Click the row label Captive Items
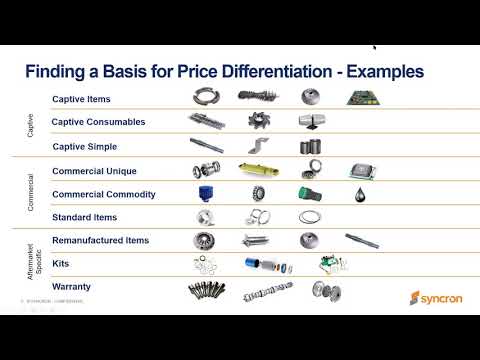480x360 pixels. coord(81,99)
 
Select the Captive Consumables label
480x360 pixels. coord(99,122)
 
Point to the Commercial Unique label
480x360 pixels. coord(95,171)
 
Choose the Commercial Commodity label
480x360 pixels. coord(103,194)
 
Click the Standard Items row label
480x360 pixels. coord(84,217)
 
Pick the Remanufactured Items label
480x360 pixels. coord(100,241)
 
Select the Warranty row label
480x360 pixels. coord(71,287)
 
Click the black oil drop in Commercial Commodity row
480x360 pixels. coord(359,195)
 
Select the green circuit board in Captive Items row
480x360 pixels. coord(360,98)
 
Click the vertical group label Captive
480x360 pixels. coord(29,123)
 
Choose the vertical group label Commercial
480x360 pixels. coord(29,193)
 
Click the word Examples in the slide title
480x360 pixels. coord(381,72)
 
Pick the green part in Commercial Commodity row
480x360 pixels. coord(310,194)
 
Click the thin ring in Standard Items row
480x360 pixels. coord(310,217)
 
